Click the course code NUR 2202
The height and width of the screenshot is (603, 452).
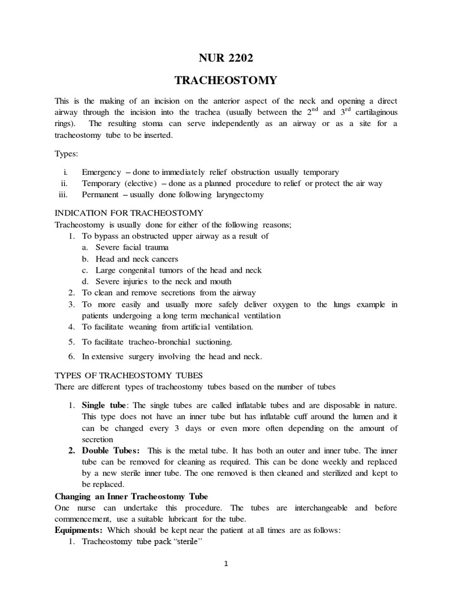[227, 58]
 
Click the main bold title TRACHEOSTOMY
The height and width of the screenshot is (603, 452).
[227, 80]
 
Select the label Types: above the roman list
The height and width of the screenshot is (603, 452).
[66, 152]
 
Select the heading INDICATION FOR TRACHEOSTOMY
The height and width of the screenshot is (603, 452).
[129, 213]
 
